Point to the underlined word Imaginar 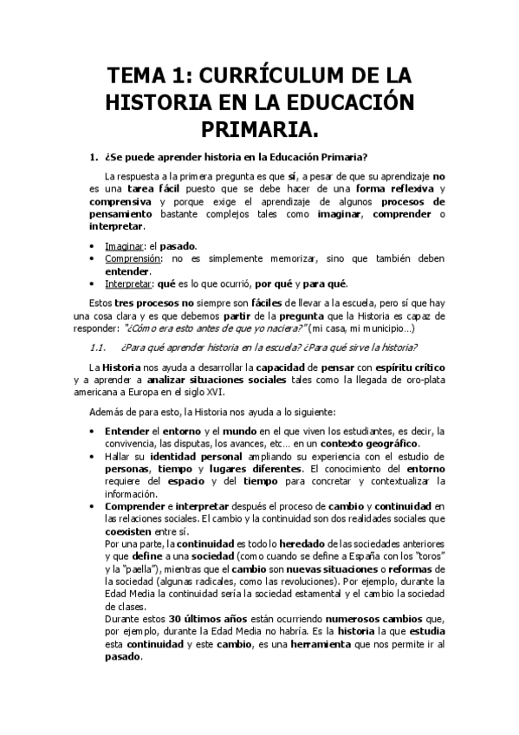pyautogui.click(x=123, y=245)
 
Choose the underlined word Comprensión pyautogui.click(x=133, y=257)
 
